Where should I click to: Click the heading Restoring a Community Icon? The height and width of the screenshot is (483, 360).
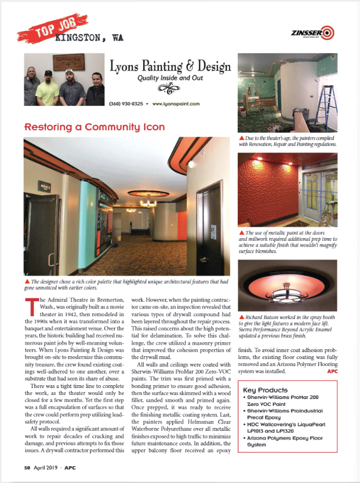[x=94, y=127]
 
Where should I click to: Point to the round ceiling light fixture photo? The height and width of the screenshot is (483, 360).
[x=288, y=286]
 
